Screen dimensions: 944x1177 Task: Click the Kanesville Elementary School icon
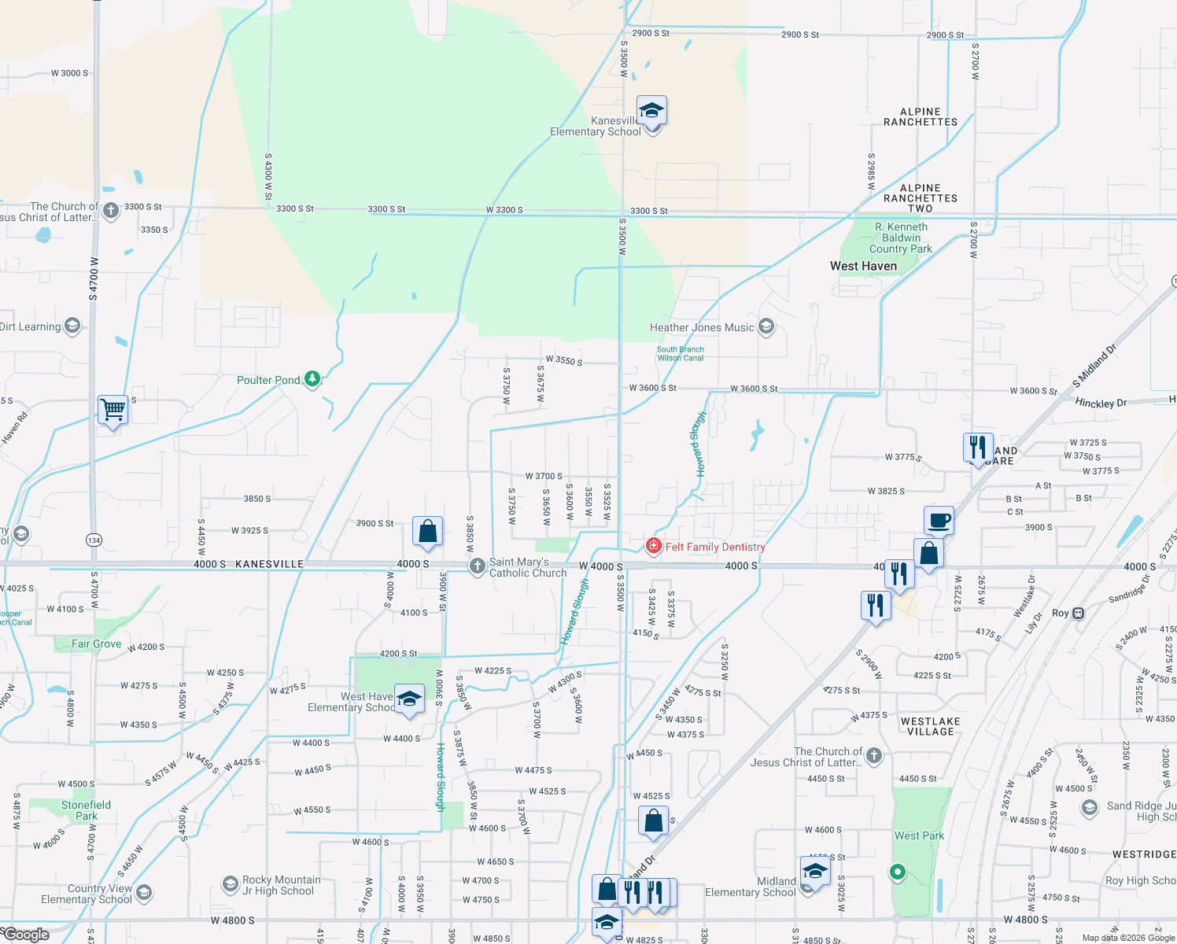click(x=651, y=110)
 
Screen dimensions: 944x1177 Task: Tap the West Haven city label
click(x=863, y=266)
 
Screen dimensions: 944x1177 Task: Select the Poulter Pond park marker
click(x=313, y=379)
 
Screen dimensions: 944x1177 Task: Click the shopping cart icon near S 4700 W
click(x=113, y=409)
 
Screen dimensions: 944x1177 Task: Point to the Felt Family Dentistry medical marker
click(x=653, y=546)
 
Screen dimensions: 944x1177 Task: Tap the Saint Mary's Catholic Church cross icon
click(x=477, y=566)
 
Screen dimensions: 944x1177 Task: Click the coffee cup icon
click(x=939, y=520)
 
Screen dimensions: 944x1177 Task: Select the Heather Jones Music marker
click(x=767, y=327)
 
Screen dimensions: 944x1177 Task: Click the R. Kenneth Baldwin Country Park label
click(x=901, y=238)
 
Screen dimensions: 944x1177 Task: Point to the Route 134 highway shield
click(x=94, y=540)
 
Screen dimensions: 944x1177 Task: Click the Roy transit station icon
click(x=1079, y=613)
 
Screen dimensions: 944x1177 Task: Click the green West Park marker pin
click(x=897, y=872)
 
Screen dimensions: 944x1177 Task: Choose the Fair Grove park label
click(x=96, y=643)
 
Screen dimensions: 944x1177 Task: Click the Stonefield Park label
click(x=87, y=810)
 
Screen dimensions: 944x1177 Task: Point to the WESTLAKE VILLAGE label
click(x=930, y=726)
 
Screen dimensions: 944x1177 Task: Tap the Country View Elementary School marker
click(x=144, y=892)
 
